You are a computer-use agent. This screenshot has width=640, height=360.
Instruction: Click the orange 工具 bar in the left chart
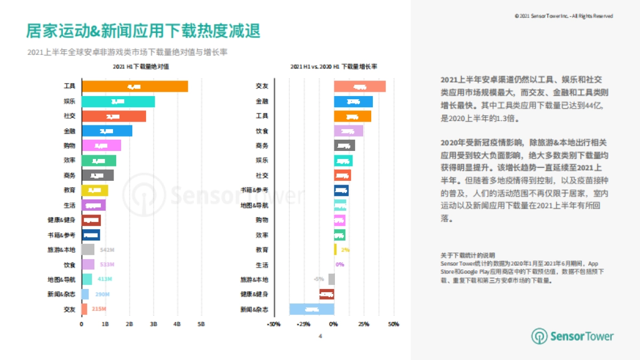134,86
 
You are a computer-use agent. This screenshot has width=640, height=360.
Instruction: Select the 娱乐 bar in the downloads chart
118,101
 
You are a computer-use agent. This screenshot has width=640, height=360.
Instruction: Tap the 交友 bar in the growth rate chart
359,86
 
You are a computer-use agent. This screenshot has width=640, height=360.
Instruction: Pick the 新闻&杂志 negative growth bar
311,309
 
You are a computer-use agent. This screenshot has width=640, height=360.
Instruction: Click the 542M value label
107,250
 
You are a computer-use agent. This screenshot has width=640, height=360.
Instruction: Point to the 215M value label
99,309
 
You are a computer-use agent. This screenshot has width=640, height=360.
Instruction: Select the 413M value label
104,279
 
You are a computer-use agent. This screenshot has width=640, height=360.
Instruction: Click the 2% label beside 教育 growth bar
345,250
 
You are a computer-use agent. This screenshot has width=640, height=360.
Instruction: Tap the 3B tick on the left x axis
154,324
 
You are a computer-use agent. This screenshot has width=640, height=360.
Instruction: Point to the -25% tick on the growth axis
303,324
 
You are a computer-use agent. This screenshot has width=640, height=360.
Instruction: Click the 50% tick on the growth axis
393,324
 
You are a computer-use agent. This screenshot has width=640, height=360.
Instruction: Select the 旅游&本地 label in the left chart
61,250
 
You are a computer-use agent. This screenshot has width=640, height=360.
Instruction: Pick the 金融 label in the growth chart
262,101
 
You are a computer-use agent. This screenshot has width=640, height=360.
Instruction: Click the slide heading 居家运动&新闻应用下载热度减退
143,31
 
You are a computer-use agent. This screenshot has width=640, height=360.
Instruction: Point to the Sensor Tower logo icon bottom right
539,336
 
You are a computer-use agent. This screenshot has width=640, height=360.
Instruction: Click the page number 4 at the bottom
320,336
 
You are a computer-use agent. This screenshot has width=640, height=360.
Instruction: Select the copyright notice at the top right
564,16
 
